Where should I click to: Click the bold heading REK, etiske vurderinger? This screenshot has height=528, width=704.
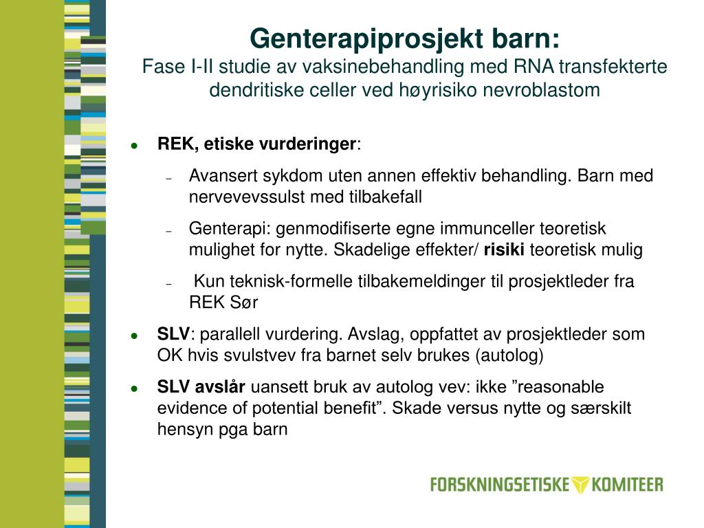tap(257, 144)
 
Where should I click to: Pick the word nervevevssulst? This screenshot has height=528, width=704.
tap(247, 197)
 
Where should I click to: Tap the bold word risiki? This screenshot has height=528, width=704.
tap(504, 250)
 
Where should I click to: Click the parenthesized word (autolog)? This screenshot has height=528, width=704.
tap(509, 356)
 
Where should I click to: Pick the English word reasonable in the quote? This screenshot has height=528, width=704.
tap(562, 387)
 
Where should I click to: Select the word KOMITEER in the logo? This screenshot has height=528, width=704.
tap(628, 484)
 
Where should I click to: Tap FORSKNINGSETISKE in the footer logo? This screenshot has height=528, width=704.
tap(500, 484)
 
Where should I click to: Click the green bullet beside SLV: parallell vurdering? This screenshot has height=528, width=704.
tap(135, 335)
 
